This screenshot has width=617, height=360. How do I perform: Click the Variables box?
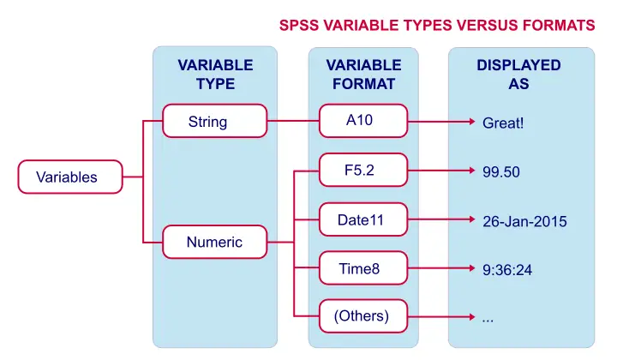(x=70, y=177)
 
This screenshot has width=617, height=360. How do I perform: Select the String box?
(x=215, y=121)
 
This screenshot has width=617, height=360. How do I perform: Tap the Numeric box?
(x=215, y=242)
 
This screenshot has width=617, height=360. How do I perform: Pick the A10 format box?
(x=363, y=120)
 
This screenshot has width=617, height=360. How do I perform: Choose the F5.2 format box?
(x=363, y=170)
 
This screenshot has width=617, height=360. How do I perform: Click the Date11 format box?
(x=363, y=219)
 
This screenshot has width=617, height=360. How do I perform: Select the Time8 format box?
(x=363, y=268)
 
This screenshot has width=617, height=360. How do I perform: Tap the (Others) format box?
(x=363, y=316)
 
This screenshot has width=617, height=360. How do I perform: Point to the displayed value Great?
(x=503, y=123)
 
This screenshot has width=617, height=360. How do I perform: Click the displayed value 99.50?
(x=501, y=172)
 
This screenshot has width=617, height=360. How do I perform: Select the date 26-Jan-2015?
(x=524, y=221)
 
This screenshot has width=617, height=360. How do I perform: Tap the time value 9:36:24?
(x=507, y=270)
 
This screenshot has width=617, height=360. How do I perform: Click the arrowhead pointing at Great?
(x=472, y=122)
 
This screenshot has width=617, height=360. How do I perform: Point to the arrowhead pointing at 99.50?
(x=472, y=171)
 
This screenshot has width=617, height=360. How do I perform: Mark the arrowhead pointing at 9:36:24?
(x=472, y=268)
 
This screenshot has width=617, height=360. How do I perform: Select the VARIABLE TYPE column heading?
(x=215, y=75)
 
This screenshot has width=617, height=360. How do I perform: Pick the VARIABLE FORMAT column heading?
(x=363, y=75)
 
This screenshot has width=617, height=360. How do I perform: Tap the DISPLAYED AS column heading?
(x=518, y=75)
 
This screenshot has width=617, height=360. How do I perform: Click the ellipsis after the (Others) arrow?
(x=488, y=321)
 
